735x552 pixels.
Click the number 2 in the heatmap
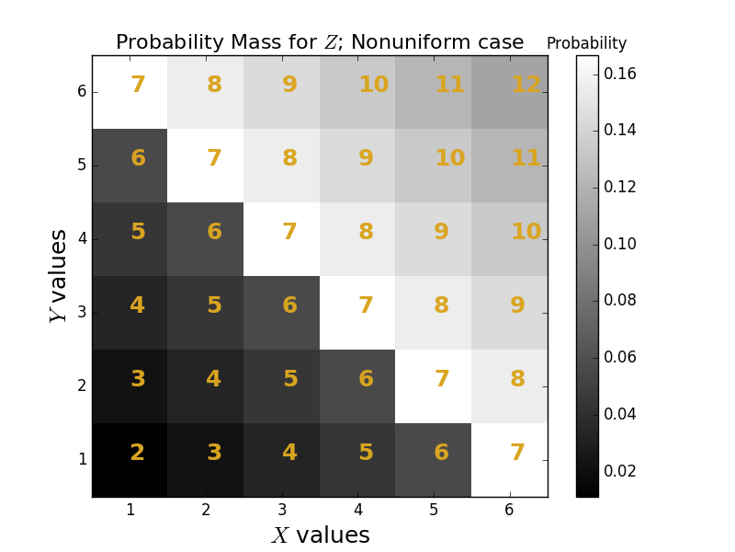pos(137,453)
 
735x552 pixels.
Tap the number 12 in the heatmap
pos(526,85)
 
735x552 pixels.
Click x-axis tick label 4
pos(357,510)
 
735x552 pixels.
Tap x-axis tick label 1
pos(130,510)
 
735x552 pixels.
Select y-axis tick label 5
pos(82,166)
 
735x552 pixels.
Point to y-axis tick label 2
pos(82,386)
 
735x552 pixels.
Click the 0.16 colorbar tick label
pos(620,74)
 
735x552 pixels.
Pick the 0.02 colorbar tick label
pos(620,471)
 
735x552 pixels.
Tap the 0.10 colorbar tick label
pos(620,244)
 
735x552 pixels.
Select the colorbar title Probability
pos(586,43)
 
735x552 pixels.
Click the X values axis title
pos(321,535)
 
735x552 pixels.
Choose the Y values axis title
pos(58,276)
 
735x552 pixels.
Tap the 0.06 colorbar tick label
pos(620,357)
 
